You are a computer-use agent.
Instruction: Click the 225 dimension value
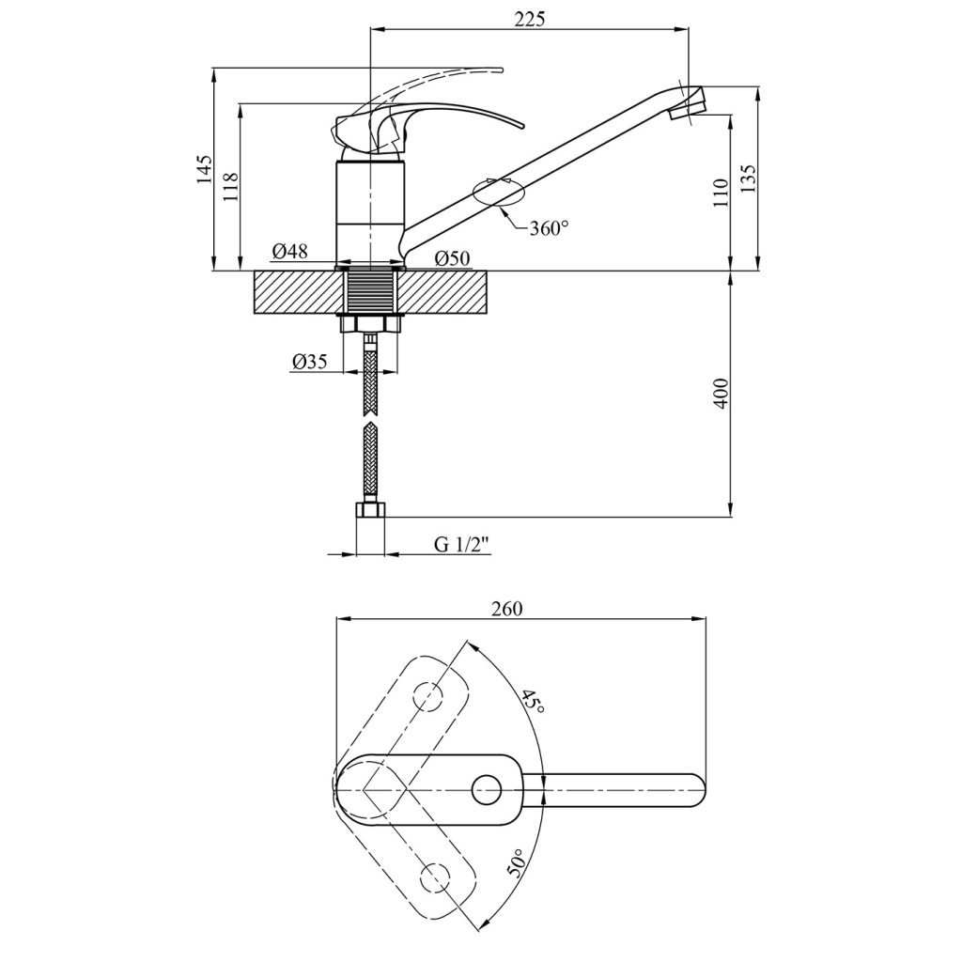[x=530, y=20]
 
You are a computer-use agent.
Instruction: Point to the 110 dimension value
[x=721, y=192]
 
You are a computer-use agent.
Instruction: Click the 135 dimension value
[x=748, y=178]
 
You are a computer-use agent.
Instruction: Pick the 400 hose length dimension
[x=721, y=393]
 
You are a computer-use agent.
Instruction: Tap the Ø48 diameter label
[x=290, y=251]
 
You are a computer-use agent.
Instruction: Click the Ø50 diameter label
[x=452, y=258]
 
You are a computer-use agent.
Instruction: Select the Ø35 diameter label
[x=310, y=362]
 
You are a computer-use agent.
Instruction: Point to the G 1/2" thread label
[x=462, y=544]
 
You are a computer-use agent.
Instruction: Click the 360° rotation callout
[x=549, y=227]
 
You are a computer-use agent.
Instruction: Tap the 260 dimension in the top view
[x=506, y=609]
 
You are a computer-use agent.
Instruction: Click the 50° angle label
[x=517, y=863]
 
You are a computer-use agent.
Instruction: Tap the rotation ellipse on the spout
[x=498, y=191]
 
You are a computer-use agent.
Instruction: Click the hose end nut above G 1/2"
[x=372, y=511]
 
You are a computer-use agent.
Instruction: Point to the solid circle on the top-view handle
[x=487, y=789]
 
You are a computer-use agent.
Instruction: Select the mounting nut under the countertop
[x=372, y=324]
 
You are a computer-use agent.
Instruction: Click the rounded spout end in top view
[x=697, y=789]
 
